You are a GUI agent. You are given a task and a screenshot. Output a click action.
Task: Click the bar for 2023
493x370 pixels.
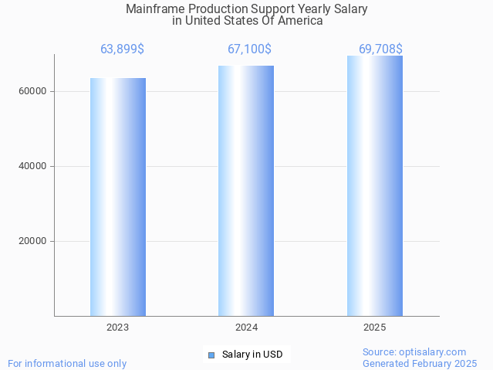(x=118, y=197)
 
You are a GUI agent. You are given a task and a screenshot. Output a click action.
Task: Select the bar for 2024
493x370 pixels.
(x=246, y=191)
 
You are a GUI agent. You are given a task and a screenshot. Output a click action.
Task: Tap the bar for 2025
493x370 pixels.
(x=374, y=185)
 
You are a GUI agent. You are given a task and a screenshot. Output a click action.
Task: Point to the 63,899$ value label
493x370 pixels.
(x=122, y=49)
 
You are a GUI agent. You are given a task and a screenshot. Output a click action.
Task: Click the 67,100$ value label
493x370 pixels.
(x=249, y=49)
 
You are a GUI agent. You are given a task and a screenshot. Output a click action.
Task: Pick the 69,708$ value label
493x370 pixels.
(x=380, y=49)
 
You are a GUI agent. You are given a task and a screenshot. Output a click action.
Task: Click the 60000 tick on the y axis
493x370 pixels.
(x=33, y=91)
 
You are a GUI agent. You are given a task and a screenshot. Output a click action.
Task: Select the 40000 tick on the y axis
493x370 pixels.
(x=33, y=166)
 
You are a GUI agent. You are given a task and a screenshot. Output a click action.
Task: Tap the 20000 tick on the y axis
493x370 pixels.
(x=33, y=241)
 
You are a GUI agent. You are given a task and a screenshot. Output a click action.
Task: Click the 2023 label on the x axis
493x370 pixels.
(x=118, y=328)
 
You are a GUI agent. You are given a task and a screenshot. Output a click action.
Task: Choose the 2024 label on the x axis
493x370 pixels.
(x=246, y=328)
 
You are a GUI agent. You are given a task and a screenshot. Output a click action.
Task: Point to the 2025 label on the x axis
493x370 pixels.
(x=374, y=328)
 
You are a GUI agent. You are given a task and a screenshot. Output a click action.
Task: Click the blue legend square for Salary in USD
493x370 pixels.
(x=211, y=355)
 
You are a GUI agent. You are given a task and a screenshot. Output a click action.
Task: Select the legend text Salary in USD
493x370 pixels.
(x=252, y=355)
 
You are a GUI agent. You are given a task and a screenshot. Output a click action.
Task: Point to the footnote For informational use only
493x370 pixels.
(x=67, y=363)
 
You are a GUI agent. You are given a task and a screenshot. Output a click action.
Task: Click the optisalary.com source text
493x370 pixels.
(x=414, y=351)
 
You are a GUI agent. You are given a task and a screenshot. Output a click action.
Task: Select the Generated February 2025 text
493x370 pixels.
(x=420, y=363)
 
